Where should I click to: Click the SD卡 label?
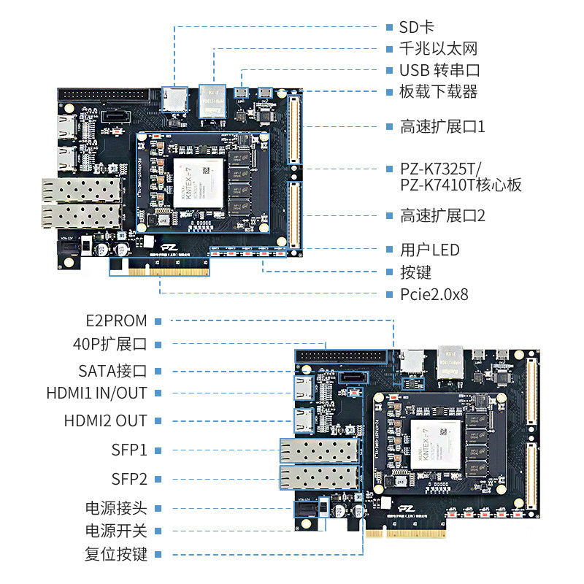point(417,27)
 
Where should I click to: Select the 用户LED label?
point(429,250)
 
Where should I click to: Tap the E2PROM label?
point(115,321)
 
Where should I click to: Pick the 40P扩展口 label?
point(110,344)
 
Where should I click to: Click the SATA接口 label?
point(112,371)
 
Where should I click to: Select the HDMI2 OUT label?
point(105,421)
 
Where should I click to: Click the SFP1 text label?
point(129,450)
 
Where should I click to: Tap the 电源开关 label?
point(116,531)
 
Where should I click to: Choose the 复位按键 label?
point(116,554)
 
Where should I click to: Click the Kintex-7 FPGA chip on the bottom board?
point(437,445)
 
